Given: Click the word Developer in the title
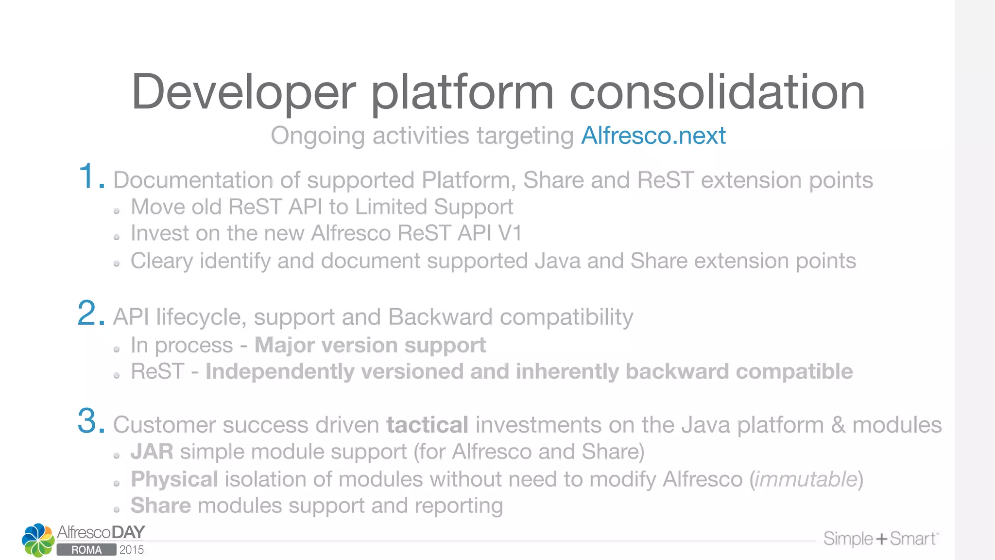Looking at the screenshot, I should (x=243, y=92).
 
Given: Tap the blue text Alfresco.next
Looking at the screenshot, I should (x=653, y=136).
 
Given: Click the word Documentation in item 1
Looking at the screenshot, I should (x=192, y=180).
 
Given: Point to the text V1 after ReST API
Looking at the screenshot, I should (x=510, y=233).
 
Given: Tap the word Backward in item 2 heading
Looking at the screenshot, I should (x=440, y=317).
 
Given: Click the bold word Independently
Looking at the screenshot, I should (x=280, y=372).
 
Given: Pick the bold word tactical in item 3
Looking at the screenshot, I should (x=427, y=425).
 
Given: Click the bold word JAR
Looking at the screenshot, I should (x=152, y=452).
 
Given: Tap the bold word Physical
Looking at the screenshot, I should (x=174, y=479).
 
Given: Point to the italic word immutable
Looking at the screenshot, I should (x=806, y=479).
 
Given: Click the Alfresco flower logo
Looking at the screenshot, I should (x=38, y=540).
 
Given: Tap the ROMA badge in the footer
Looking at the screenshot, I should (x=86, y=550).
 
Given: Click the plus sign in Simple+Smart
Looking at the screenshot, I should (x=882, y=539).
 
